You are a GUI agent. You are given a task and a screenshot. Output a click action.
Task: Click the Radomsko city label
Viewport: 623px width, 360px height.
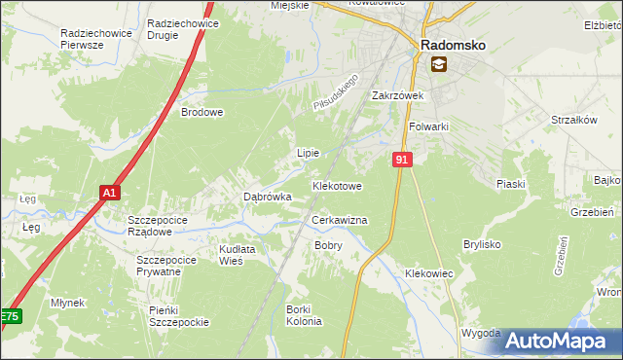point(453,45)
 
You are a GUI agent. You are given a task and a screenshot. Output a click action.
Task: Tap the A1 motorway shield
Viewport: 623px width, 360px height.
point(110,193)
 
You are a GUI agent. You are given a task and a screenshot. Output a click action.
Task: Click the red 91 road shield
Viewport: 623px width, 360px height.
point(402,159)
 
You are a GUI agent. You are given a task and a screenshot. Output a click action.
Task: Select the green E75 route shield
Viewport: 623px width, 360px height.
point(9,316)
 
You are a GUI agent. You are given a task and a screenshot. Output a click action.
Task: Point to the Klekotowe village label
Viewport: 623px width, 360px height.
point(337,185)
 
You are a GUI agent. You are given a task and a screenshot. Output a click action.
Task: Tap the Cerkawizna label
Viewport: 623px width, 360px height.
point(339,221)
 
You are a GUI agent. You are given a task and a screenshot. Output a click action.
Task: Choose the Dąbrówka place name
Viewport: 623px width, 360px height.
point(268,197)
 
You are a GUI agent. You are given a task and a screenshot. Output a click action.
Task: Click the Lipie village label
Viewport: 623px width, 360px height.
point(308,153)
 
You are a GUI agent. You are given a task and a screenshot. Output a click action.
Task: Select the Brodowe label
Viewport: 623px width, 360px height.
point(202,112)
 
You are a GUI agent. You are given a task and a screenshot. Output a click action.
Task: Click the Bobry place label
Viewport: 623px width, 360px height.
point(328,245)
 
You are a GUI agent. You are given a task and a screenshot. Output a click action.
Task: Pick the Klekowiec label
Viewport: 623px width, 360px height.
point(429,273)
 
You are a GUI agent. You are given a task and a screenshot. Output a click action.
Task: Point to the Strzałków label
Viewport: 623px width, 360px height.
point(573,120)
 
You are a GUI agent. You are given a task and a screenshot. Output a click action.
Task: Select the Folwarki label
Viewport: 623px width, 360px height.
point(428,126)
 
